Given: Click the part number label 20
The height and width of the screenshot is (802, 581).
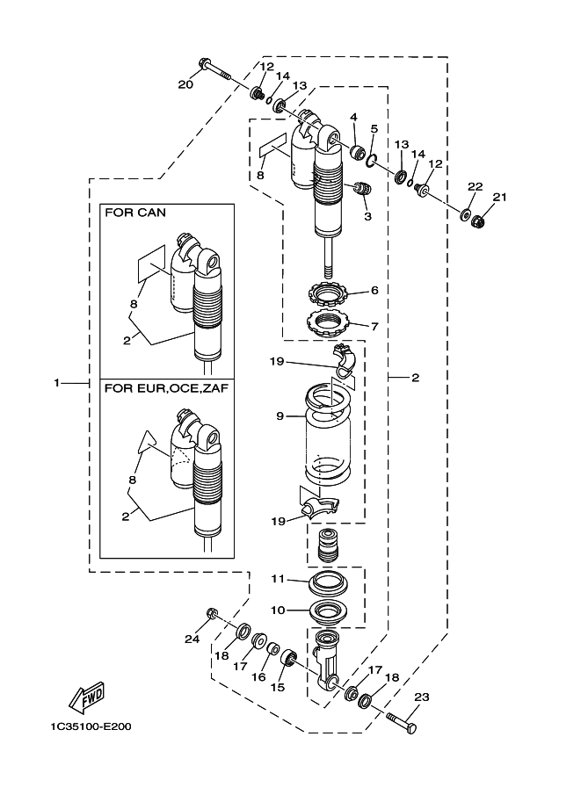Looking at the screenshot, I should pyautogui.click(x=185, y=84).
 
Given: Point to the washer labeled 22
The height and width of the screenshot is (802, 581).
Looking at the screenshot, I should pyautogui.click(x=463, y=213).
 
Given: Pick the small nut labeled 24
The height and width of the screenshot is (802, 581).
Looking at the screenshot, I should pyautogui.click(x=212, y=612).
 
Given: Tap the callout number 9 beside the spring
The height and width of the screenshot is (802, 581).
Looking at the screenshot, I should pyautogui.click(x=280, y=416).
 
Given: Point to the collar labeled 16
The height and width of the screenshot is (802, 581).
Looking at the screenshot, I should pyautogui.click(x=274, y=652).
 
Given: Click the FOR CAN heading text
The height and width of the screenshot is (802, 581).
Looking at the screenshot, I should pyautogui.click(x=135, y=213).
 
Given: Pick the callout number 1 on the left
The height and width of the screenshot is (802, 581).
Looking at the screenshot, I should pyautogui.click(x=56, y=383).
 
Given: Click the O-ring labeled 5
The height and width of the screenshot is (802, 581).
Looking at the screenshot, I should pyautogui.click(x=373, y=159).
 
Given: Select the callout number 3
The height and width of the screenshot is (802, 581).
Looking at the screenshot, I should pyautogui.click(x=367, y=215).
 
